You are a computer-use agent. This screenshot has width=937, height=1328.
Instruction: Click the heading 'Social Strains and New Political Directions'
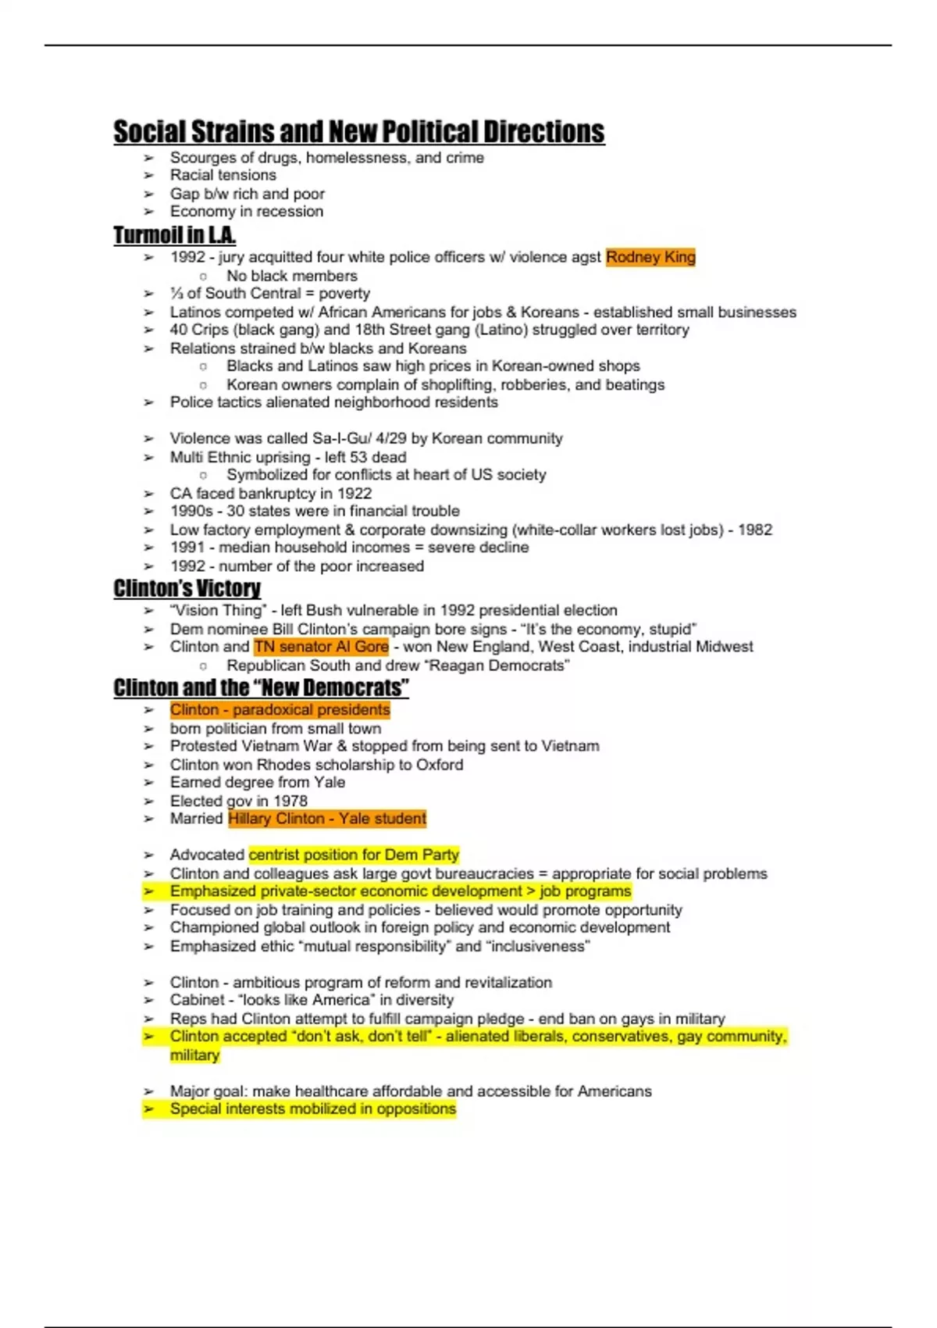(x=358, y=132)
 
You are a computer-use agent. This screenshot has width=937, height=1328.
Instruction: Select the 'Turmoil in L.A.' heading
(x=174, y=235)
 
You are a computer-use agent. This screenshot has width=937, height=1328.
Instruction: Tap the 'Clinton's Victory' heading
(x=187, y=588)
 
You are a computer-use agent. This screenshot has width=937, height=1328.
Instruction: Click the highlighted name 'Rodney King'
(x=650, y=257)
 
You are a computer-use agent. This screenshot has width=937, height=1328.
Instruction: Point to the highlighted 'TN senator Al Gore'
(x=321, y=647)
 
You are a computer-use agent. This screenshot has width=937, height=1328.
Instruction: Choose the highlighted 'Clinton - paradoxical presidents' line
(x=280, y=710)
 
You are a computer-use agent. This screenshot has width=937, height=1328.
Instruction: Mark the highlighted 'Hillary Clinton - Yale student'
(x=327, y=819)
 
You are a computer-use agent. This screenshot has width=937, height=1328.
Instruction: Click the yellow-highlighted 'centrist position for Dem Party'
(x=354, y=855)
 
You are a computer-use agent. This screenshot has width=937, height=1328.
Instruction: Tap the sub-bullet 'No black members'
(x=291, y=276)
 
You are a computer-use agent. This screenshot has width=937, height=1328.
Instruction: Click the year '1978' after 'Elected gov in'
(x=290, y=801)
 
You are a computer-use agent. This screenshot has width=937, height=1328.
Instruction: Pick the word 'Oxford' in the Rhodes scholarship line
(x=439, y=765)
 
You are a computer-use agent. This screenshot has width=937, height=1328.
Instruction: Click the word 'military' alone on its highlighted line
(x=194, y=1055)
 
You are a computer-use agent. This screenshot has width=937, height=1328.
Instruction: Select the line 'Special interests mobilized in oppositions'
(x=312, y=1109)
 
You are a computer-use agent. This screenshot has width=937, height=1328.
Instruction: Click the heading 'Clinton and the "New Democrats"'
(x=261, y=688)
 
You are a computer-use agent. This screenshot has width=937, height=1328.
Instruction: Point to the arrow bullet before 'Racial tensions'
(x=148, y=176)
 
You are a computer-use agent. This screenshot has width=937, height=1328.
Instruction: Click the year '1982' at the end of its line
(x=754, y=530)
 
